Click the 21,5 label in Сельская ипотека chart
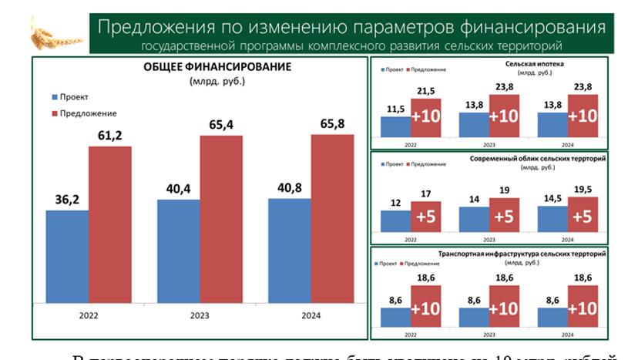(x=426, y=91)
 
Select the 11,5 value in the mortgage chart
(x=397, y=109)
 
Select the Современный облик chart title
(x=537, y=158)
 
